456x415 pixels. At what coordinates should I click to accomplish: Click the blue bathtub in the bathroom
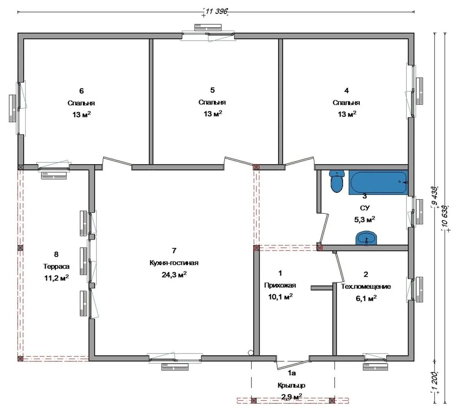tap(378, 182)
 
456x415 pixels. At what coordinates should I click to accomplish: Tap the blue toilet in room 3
tap(337, 181)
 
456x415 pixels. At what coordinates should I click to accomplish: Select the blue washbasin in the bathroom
tap(367, 238)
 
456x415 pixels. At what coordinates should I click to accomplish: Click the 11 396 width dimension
tap(216, 12)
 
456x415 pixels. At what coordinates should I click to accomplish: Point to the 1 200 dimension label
tap(435, 382)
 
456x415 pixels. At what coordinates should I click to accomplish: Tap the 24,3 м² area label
tap(174, 275)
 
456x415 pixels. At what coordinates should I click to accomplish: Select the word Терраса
tap(56, 266)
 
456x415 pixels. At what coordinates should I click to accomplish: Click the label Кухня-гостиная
tap(174, 263)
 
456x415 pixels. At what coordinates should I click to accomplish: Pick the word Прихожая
tap(280, 286)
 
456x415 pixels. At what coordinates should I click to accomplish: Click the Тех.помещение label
tap(366, 287)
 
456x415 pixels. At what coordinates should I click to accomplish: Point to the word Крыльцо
tap(291, 385)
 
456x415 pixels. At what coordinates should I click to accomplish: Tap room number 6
tap(81, 91)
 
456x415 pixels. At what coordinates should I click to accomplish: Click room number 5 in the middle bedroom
tap(213, 90)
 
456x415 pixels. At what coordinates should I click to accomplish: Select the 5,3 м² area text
tap(365, 219)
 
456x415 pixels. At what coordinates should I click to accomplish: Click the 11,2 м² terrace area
tap(56, 278)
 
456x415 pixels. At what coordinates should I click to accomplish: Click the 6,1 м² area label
tap(367, 298)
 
